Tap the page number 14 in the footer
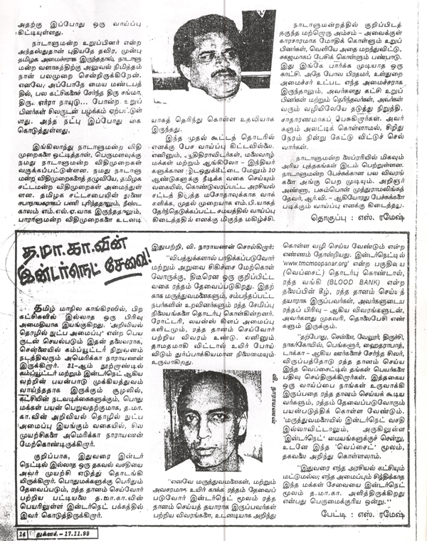coord(23,532)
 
